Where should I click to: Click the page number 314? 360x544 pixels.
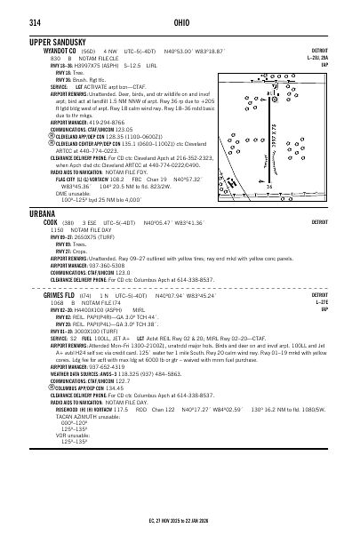tap(36, 24)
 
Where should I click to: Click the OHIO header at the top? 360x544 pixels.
tap(180, 24)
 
